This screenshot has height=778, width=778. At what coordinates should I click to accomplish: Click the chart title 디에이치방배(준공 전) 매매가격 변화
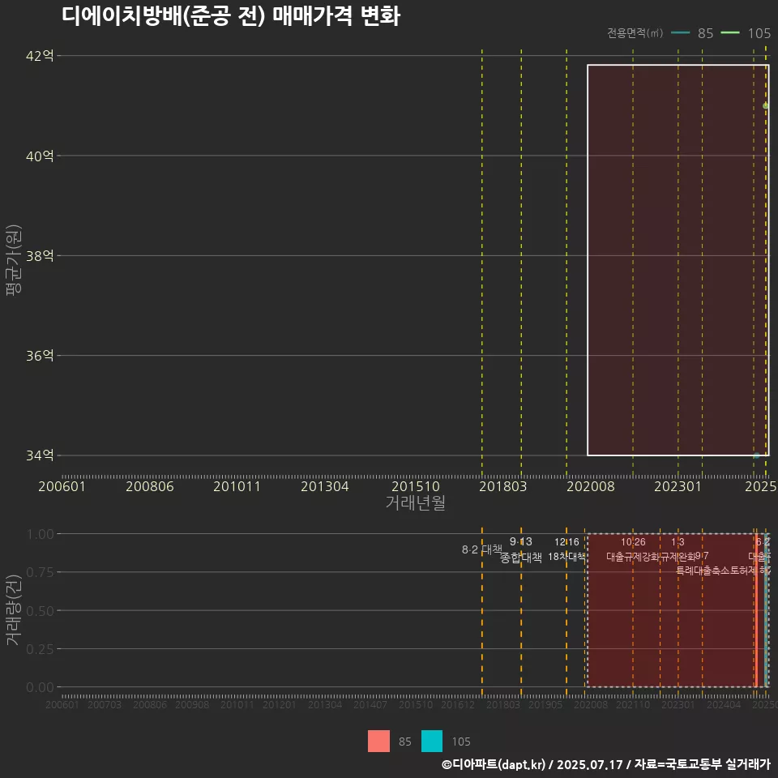(x=230, y=16)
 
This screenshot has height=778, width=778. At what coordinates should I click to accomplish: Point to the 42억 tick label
(x=41, y=56)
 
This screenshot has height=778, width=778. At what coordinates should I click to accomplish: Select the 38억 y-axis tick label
(x=41, y=255)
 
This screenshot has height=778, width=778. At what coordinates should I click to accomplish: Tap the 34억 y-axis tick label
(x=41, y=455)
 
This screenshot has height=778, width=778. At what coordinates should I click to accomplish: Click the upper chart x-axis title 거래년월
(x=415, y=503)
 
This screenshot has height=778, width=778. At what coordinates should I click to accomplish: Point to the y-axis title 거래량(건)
(x=13, y=610)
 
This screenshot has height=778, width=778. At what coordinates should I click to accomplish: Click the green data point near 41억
(x=766, y=105)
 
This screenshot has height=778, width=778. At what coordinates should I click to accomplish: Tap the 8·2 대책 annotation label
(x=482, y=549)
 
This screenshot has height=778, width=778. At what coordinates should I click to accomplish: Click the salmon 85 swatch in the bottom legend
(x=378, y=741)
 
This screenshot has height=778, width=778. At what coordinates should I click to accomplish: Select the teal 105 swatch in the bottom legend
(x=432, y=741)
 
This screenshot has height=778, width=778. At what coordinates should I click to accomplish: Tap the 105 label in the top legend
(x=759, y=33)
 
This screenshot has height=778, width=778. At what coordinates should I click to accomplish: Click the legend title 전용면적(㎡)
(x=635, y=33)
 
